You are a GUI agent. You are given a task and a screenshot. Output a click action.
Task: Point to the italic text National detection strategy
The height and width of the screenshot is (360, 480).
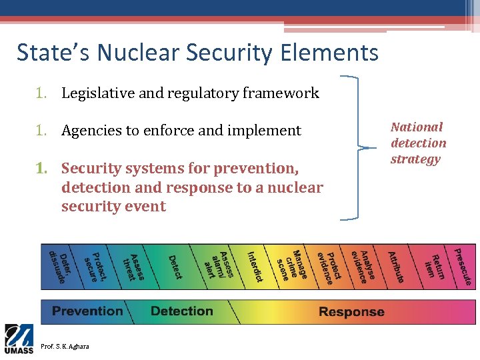point(418,143)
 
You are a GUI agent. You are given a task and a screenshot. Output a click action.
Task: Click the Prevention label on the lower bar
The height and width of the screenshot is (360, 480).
point(87,311)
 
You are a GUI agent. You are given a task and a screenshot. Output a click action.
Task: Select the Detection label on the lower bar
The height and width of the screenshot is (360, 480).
point(181,311)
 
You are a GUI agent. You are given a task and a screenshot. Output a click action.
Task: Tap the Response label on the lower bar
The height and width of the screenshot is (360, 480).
point(351,312)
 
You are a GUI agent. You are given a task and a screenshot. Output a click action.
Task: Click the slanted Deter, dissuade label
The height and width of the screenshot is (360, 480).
point(59,266)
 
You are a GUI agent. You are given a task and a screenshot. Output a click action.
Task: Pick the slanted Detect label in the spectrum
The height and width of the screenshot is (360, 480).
point(175,267)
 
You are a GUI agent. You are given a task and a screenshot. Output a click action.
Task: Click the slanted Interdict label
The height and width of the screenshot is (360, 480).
point(255,266)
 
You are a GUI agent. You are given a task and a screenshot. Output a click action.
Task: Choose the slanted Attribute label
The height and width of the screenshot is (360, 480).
point(396,266)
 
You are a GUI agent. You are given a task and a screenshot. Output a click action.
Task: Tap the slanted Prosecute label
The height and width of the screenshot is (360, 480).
point(463,267)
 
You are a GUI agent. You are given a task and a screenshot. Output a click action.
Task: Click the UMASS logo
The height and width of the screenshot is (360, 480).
point(19,339)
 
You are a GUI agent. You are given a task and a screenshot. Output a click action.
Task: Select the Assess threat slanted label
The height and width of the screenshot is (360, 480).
point(133,267)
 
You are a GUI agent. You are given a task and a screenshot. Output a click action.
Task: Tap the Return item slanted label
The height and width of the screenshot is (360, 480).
point(433,267)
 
